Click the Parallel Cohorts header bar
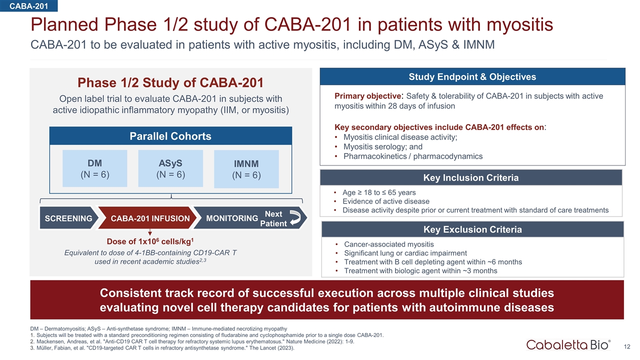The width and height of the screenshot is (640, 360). point(170,136)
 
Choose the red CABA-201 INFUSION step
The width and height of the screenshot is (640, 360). point(149,218)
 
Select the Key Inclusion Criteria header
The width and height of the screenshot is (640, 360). point(470,178)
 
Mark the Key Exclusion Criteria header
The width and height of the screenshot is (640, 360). point(472,229)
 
